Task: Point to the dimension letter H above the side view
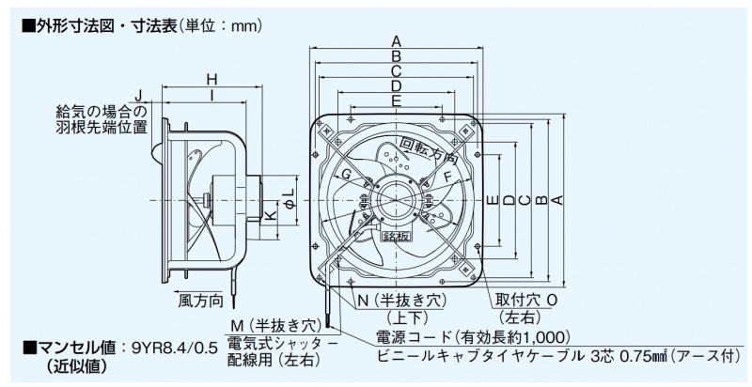point(211,79)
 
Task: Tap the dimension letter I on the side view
point(211,96)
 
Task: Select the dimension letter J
point(138,96)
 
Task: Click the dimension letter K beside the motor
point(270,215)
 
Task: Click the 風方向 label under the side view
point(200,302)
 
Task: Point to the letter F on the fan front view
point(447,176)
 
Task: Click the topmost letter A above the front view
point(397,40)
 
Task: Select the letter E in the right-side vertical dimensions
point(492,199)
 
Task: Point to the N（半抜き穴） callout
point(395,300)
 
